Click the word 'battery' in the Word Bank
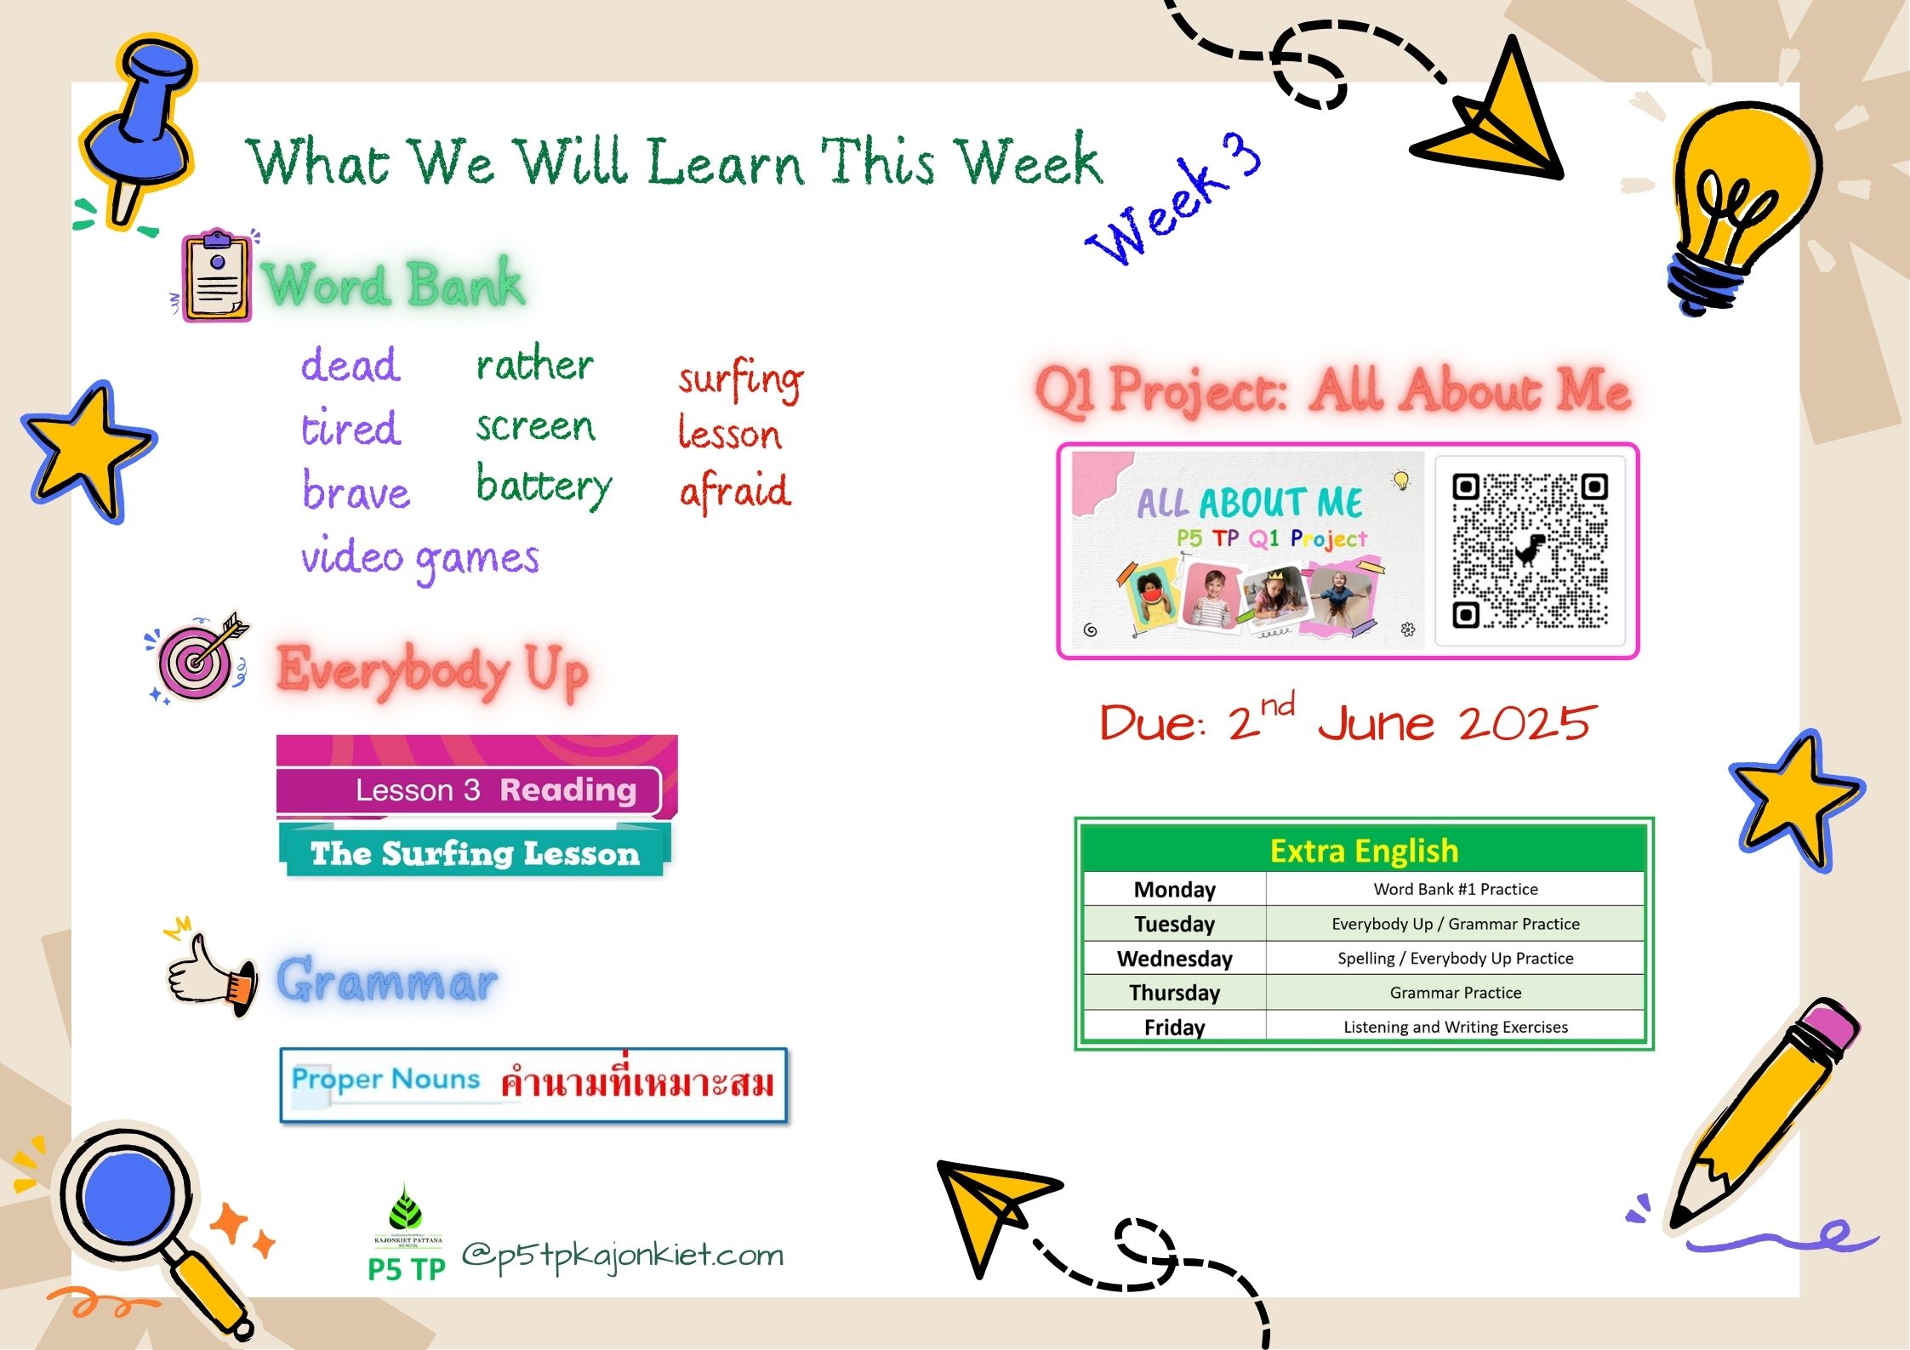[544, 487]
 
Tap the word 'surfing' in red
[740, 379]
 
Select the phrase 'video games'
[420, 559]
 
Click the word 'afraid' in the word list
[735, 491]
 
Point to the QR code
[1530, 550]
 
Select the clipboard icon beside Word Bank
[216, 275]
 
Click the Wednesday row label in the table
[1174, 959]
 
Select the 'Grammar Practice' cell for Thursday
[1455, 993]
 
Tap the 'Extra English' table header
[1364, 851]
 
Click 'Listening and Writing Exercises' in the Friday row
[1455, 1027]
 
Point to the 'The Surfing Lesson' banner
[475, 852]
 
